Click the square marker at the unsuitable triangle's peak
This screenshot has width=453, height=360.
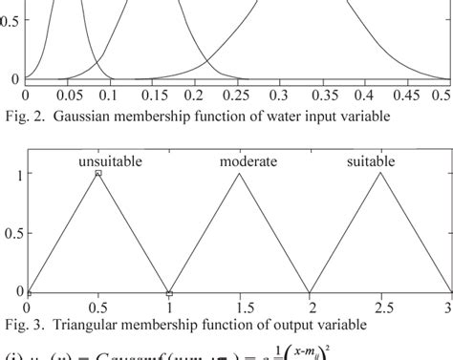(x=98, y=174)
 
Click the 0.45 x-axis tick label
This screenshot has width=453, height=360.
(x=406, y=95)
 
